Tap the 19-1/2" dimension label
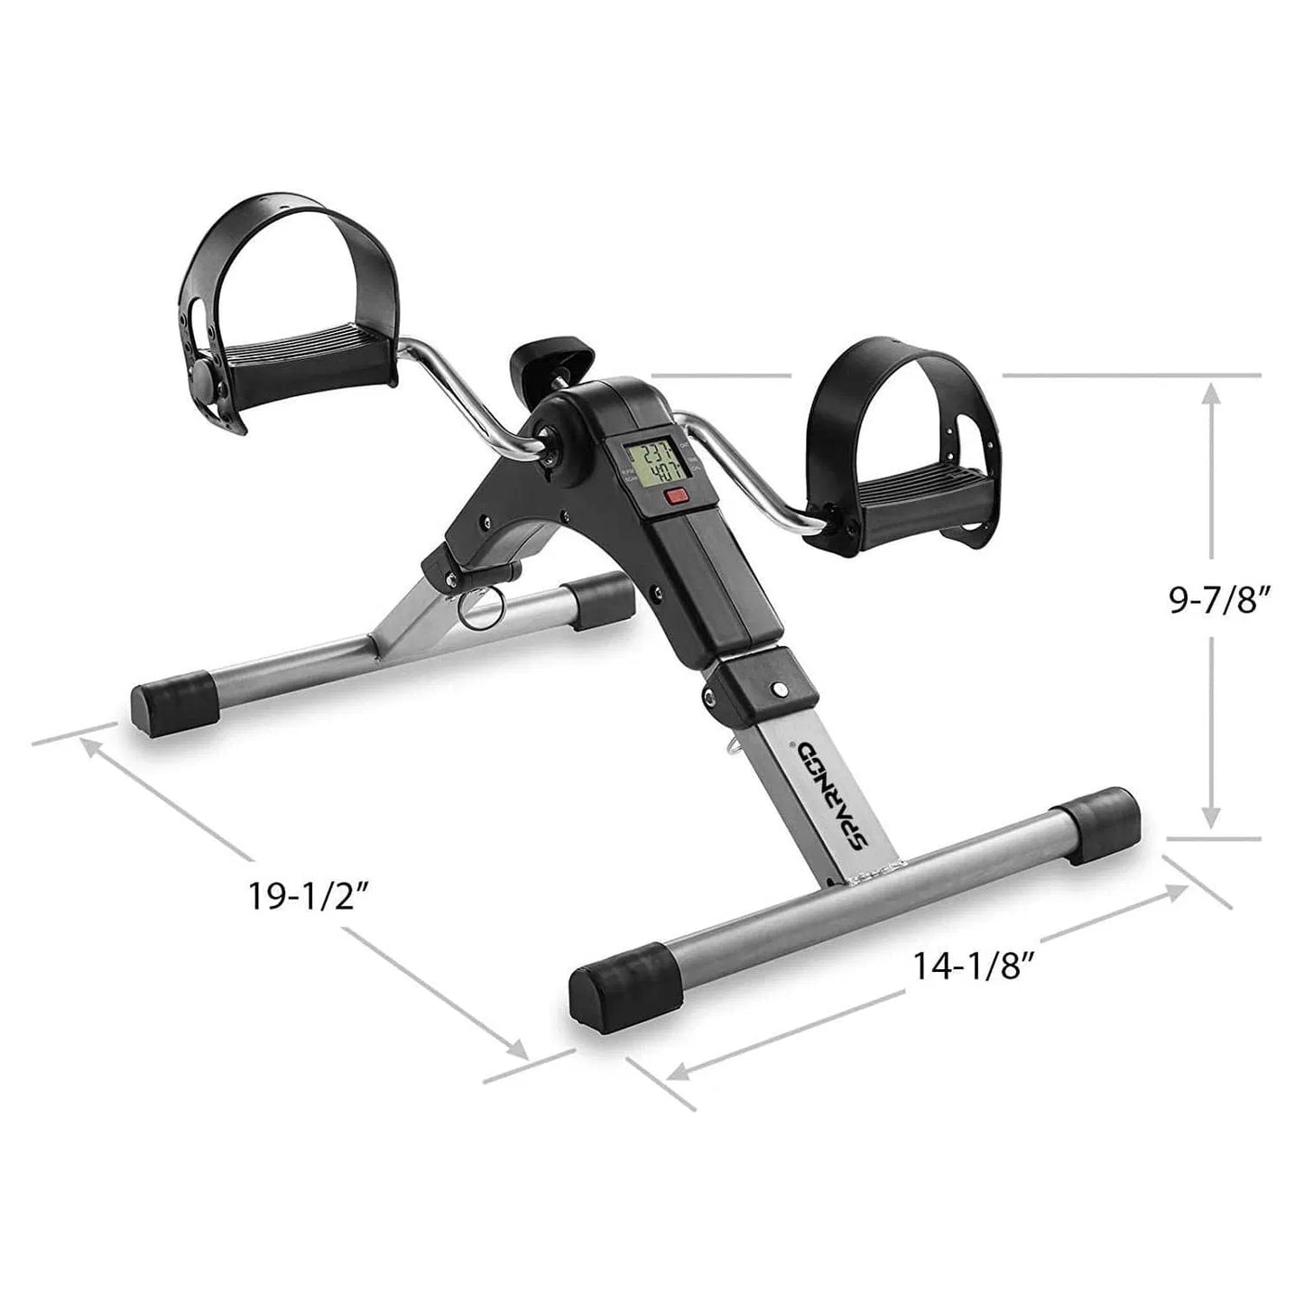coord(297,899)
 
